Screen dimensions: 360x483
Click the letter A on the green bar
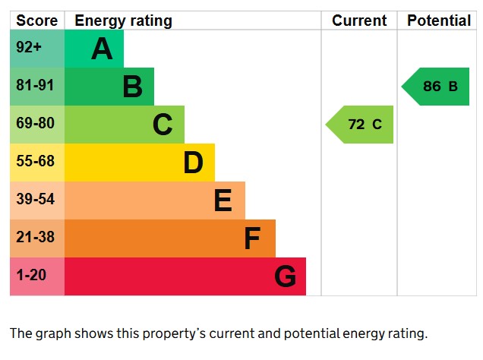coord(102,49)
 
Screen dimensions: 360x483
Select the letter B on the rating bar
coord(132,87)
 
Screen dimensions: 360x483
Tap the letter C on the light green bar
coord(163,125)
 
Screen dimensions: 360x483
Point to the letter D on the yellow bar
coord(193,163)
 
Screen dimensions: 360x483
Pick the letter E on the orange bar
coord(223,201)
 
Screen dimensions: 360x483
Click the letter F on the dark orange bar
coord(252,238)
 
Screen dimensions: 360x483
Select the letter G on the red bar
coord(285,276)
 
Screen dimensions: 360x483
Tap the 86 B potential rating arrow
coord(437,87)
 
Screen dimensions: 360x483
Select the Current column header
coord(359,21)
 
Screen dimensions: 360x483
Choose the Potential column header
coord(439,21)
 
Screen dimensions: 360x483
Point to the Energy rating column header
coord(123,21)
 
